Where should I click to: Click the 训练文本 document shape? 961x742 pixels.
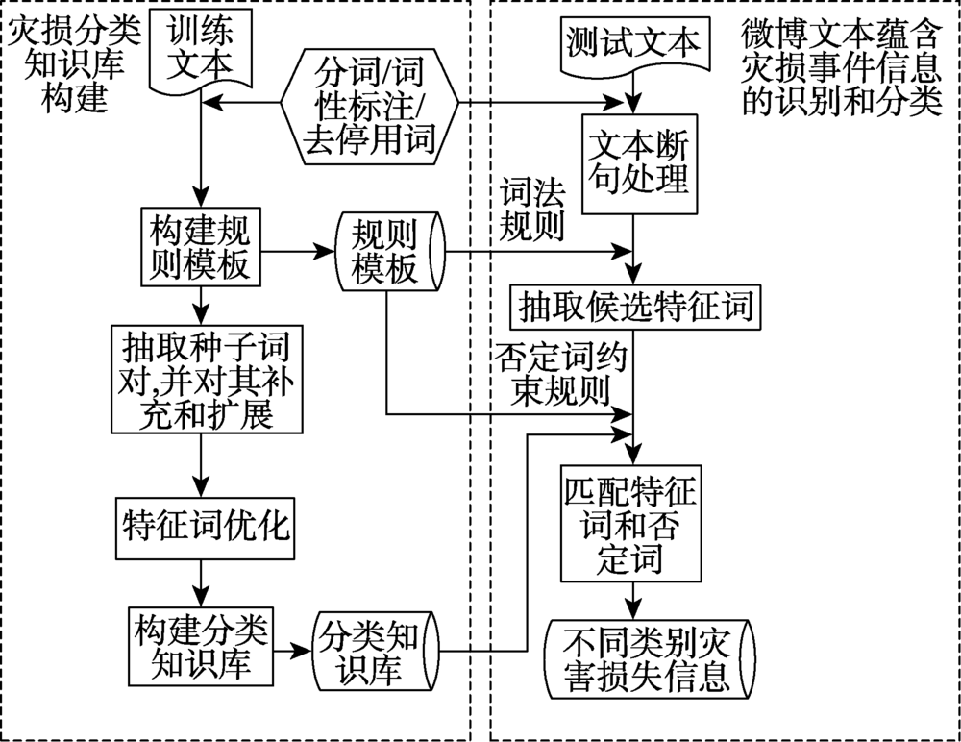click(201, 48)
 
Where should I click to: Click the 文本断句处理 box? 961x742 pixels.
click(632, 162)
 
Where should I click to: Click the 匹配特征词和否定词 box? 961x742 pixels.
click(632, 524)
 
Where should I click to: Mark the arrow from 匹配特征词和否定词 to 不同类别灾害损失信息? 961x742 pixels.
click(632, 601)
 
